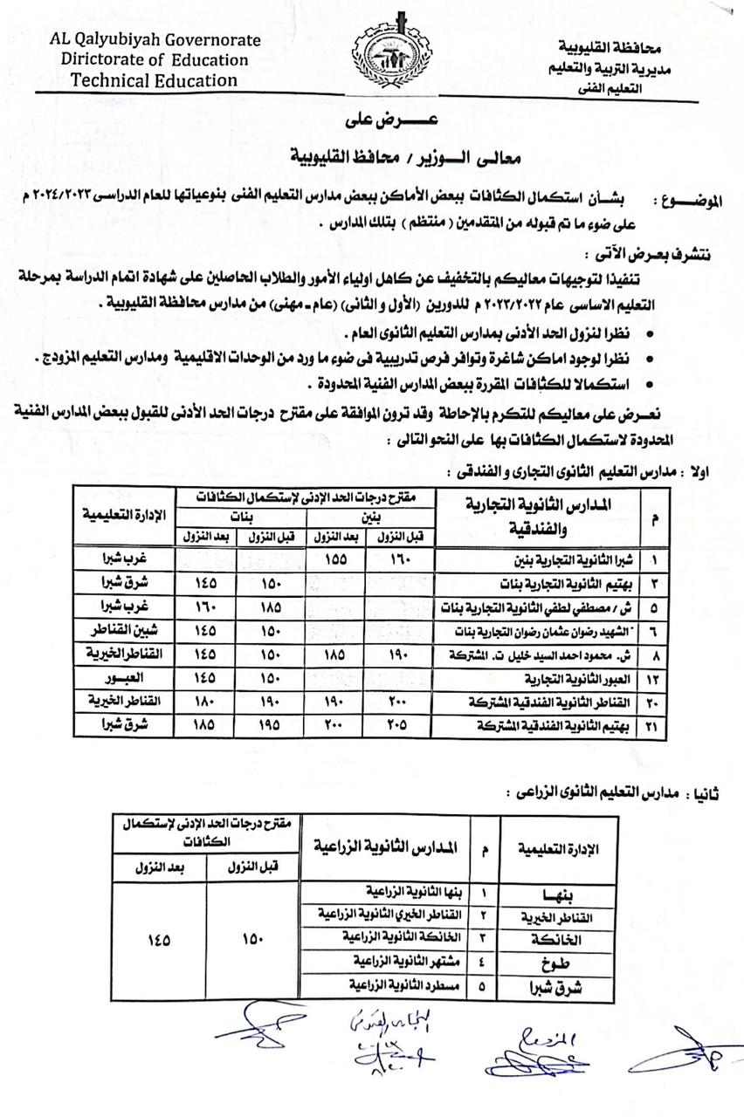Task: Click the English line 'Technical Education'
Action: pos(154,80)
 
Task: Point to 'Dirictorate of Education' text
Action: pos(155,60)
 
